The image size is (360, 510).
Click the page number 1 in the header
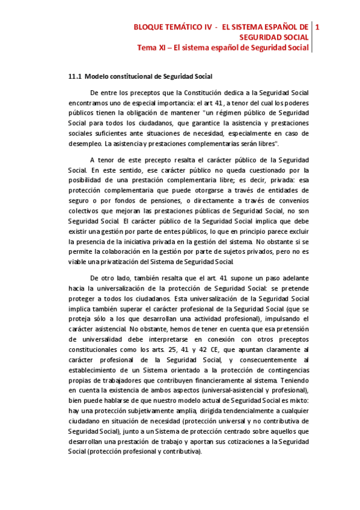pos(317,27)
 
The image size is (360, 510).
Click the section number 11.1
pos(75,76)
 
